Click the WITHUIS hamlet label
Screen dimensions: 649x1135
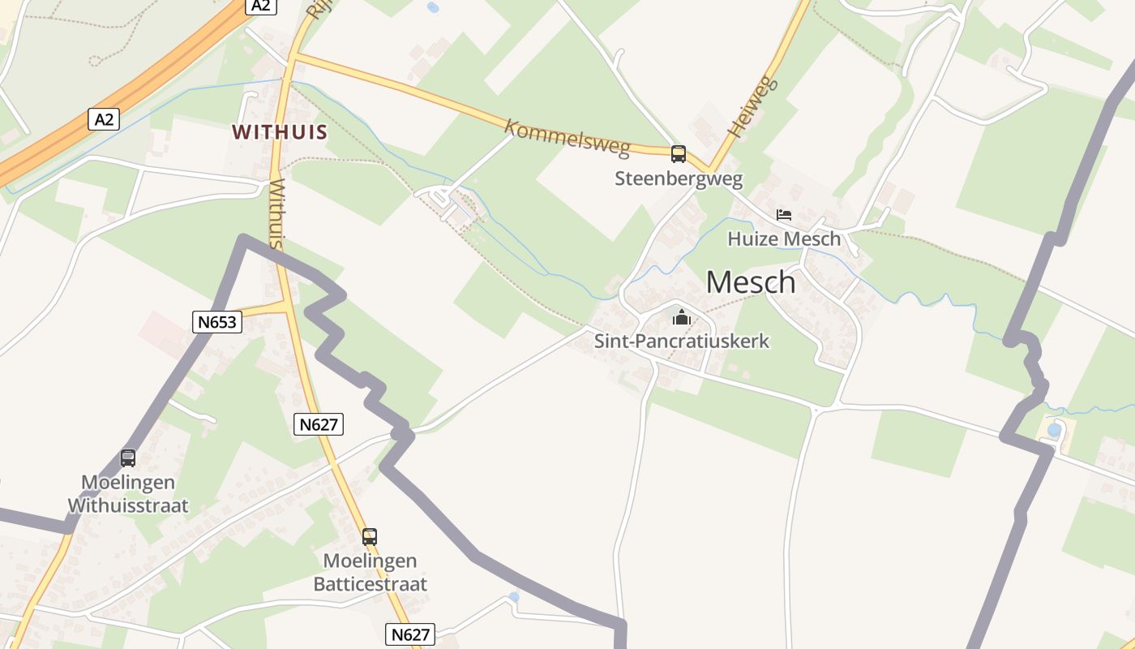pos(280,132)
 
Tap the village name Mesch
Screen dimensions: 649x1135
pos(751,282)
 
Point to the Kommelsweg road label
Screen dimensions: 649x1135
pos(567,137)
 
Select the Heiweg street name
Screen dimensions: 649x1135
pos(752,106)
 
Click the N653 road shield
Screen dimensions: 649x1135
pos(217,322)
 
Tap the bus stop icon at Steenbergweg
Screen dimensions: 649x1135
pos(679,153)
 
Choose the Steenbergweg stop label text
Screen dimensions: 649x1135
pos(679,178)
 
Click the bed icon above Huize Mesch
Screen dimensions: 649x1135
pos(784,215)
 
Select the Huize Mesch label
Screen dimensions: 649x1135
pos(784,239)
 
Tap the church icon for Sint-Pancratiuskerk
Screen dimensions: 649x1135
pos(682,316)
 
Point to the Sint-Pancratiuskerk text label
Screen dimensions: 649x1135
pos(682,341)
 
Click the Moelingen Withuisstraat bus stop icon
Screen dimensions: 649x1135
pos(128,458)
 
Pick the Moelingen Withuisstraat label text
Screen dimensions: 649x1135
pos(128,494)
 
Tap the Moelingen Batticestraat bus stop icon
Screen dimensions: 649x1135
pos(370,536)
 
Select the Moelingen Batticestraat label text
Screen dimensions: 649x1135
pos(370,572)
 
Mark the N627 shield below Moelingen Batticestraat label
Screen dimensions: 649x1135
pos(409,634)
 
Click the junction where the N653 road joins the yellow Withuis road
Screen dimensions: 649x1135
pos(287,306)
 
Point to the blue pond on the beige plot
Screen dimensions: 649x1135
pos(1054,430)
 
